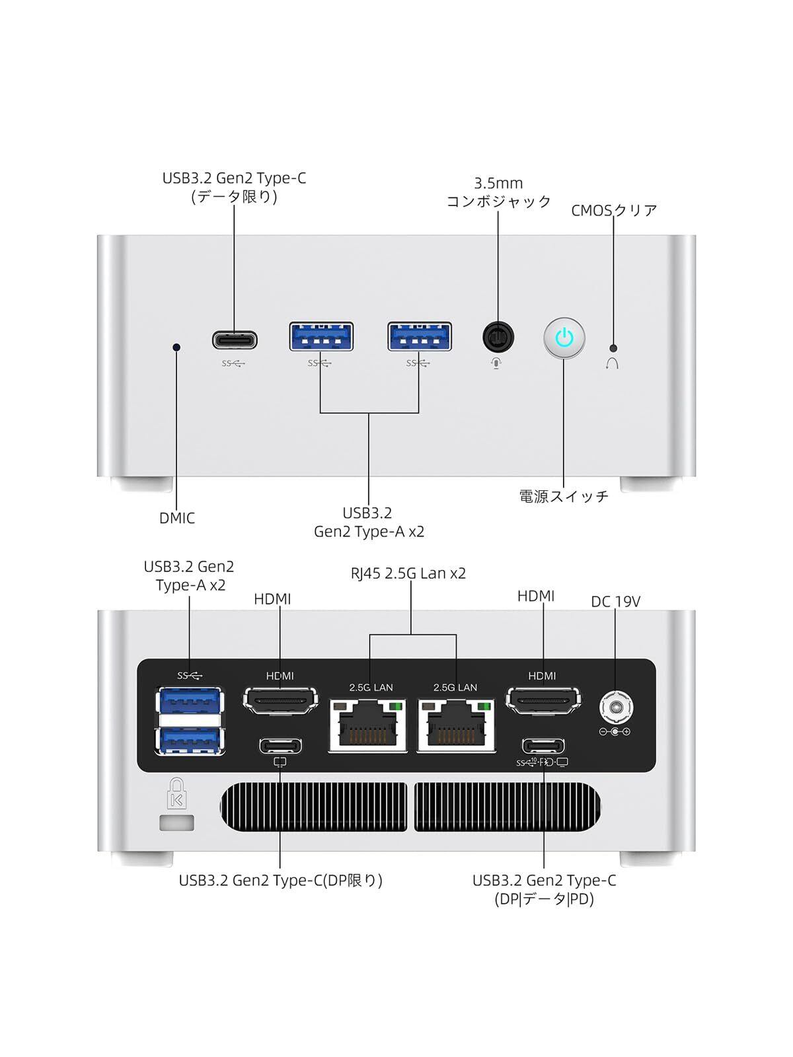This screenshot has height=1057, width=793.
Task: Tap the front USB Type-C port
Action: click(x=235, y=340)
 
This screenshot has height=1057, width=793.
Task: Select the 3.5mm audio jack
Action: click(x=498, y=337)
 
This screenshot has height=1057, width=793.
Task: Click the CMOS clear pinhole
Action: click(x=613, y=347)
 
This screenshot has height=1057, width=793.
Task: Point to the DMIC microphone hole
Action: click(x=176, y=347)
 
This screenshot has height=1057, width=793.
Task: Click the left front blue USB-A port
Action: click(x=321, y=336)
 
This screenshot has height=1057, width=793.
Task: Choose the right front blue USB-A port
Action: click(x=420, y=336)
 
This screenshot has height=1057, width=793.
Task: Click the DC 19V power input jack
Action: click(x=615, y=709)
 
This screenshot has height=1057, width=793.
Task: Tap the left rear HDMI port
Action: click(x=280, y=700)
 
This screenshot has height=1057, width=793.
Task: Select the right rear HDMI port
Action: click(x=543, y=700)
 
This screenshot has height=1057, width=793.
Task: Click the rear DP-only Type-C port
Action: click(x=280, y=746)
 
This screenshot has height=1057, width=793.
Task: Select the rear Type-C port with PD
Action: click(x=543, y=746)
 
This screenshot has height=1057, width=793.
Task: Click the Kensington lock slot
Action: click(x=176, y=823)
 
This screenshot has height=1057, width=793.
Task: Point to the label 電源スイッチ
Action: click(x=564, y=497)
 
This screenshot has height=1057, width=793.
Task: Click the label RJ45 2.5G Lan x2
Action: click(x=408, y=573)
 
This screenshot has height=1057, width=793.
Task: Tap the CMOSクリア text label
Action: click(x=614, y=210)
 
